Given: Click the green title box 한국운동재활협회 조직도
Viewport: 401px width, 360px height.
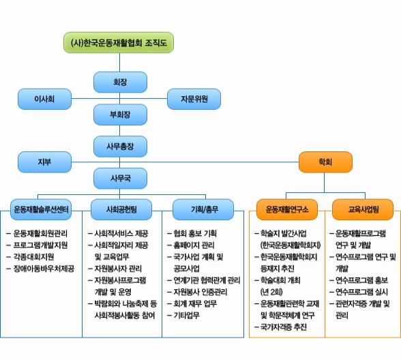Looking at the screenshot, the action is [x=119, y=42].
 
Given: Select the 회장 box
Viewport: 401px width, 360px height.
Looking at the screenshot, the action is [x=120, y=82].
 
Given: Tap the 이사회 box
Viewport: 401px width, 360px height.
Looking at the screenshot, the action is [x=44, y=99].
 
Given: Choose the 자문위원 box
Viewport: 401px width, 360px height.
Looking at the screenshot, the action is [x=194, y=99].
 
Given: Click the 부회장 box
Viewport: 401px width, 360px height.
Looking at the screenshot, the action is [x=120, y=115].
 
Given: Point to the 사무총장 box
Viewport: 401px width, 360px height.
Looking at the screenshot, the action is [x=120, y=147].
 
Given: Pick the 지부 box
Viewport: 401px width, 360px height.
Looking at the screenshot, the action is [x=44, y=162].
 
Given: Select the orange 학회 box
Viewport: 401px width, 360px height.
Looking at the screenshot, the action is [x=325, y=162].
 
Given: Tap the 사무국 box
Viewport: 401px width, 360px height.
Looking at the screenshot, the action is [x=120, y=178].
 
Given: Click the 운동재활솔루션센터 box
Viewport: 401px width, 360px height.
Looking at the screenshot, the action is [x=41, y=209].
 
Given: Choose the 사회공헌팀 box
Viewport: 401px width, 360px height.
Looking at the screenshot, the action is [x=121, y=209].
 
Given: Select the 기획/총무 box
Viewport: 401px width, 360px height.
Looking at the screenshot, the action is [x=203, y=209].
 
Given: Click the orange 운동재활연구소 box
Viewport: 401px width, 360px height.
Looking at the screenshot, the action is [x=287, y=209].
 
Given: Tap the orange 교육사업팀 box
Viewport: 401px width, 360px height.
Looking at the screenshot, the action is [x=363, y=209].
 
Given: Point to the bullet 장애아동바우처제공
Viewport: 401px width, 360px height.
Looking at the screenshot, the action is [x=40, y=269].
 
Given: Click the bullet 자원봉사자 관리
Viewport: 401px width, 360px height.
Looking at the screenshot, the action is [x=115, y=269].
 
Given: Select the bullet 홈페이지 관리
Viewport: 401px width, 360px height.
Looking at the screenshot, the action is [x=191, y=245].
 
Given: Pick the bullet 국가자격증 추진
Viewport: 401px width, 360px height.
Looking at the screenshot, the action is [x=280, y=327].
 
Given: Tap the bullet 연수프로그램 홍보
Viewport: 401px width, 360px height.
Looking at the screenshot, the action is [x=359, y=280].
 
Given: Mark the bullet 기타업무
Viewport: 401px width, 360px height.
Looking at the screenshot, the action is [x=183, y=315].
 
